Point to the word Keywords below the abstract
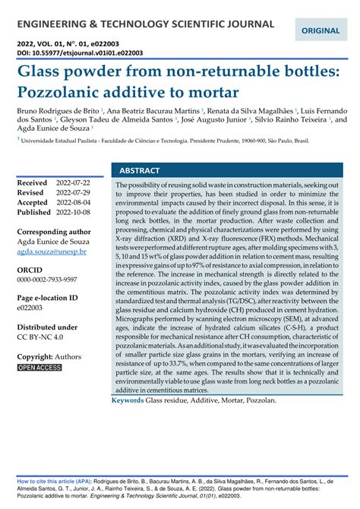(128, 400)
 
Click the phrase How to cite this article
(52, 482)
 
